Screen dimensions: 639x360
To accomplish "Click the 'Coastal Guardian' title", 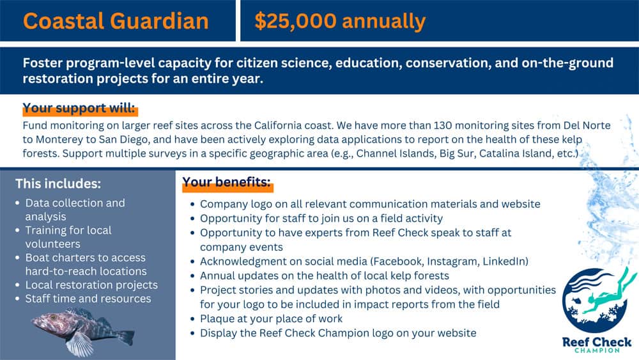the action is tap(116, 21).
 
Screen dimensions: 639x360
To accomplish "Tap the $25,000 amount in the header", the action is tap(295, 21).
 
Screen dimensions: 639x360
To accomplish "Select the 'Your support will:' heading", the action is tap(79, 108).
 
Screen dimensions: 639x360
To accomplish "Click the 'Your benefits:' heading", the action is tap(226, 182).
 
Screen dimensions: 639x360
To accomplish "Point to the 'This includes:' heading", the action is tap(58, 184).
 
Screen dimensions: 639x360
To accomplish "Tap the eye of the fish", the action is tap(52, 317).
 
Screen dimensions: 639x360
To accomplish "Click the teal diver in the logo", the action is tap(608, 293).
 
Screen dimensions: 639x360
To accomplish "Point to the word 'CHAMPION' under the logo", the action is tap(597, 350).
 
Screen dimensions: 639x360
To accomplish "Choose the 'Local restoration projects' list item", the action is tap(91, 285).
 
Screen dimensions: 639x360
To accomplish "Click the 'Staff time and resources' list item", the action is tap(88, 299).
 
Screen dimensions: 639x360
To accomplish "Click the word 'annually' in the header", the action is tap(383, 22).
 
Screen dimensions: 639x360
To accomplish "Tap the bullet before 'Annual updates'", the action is tap(192, 276).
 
